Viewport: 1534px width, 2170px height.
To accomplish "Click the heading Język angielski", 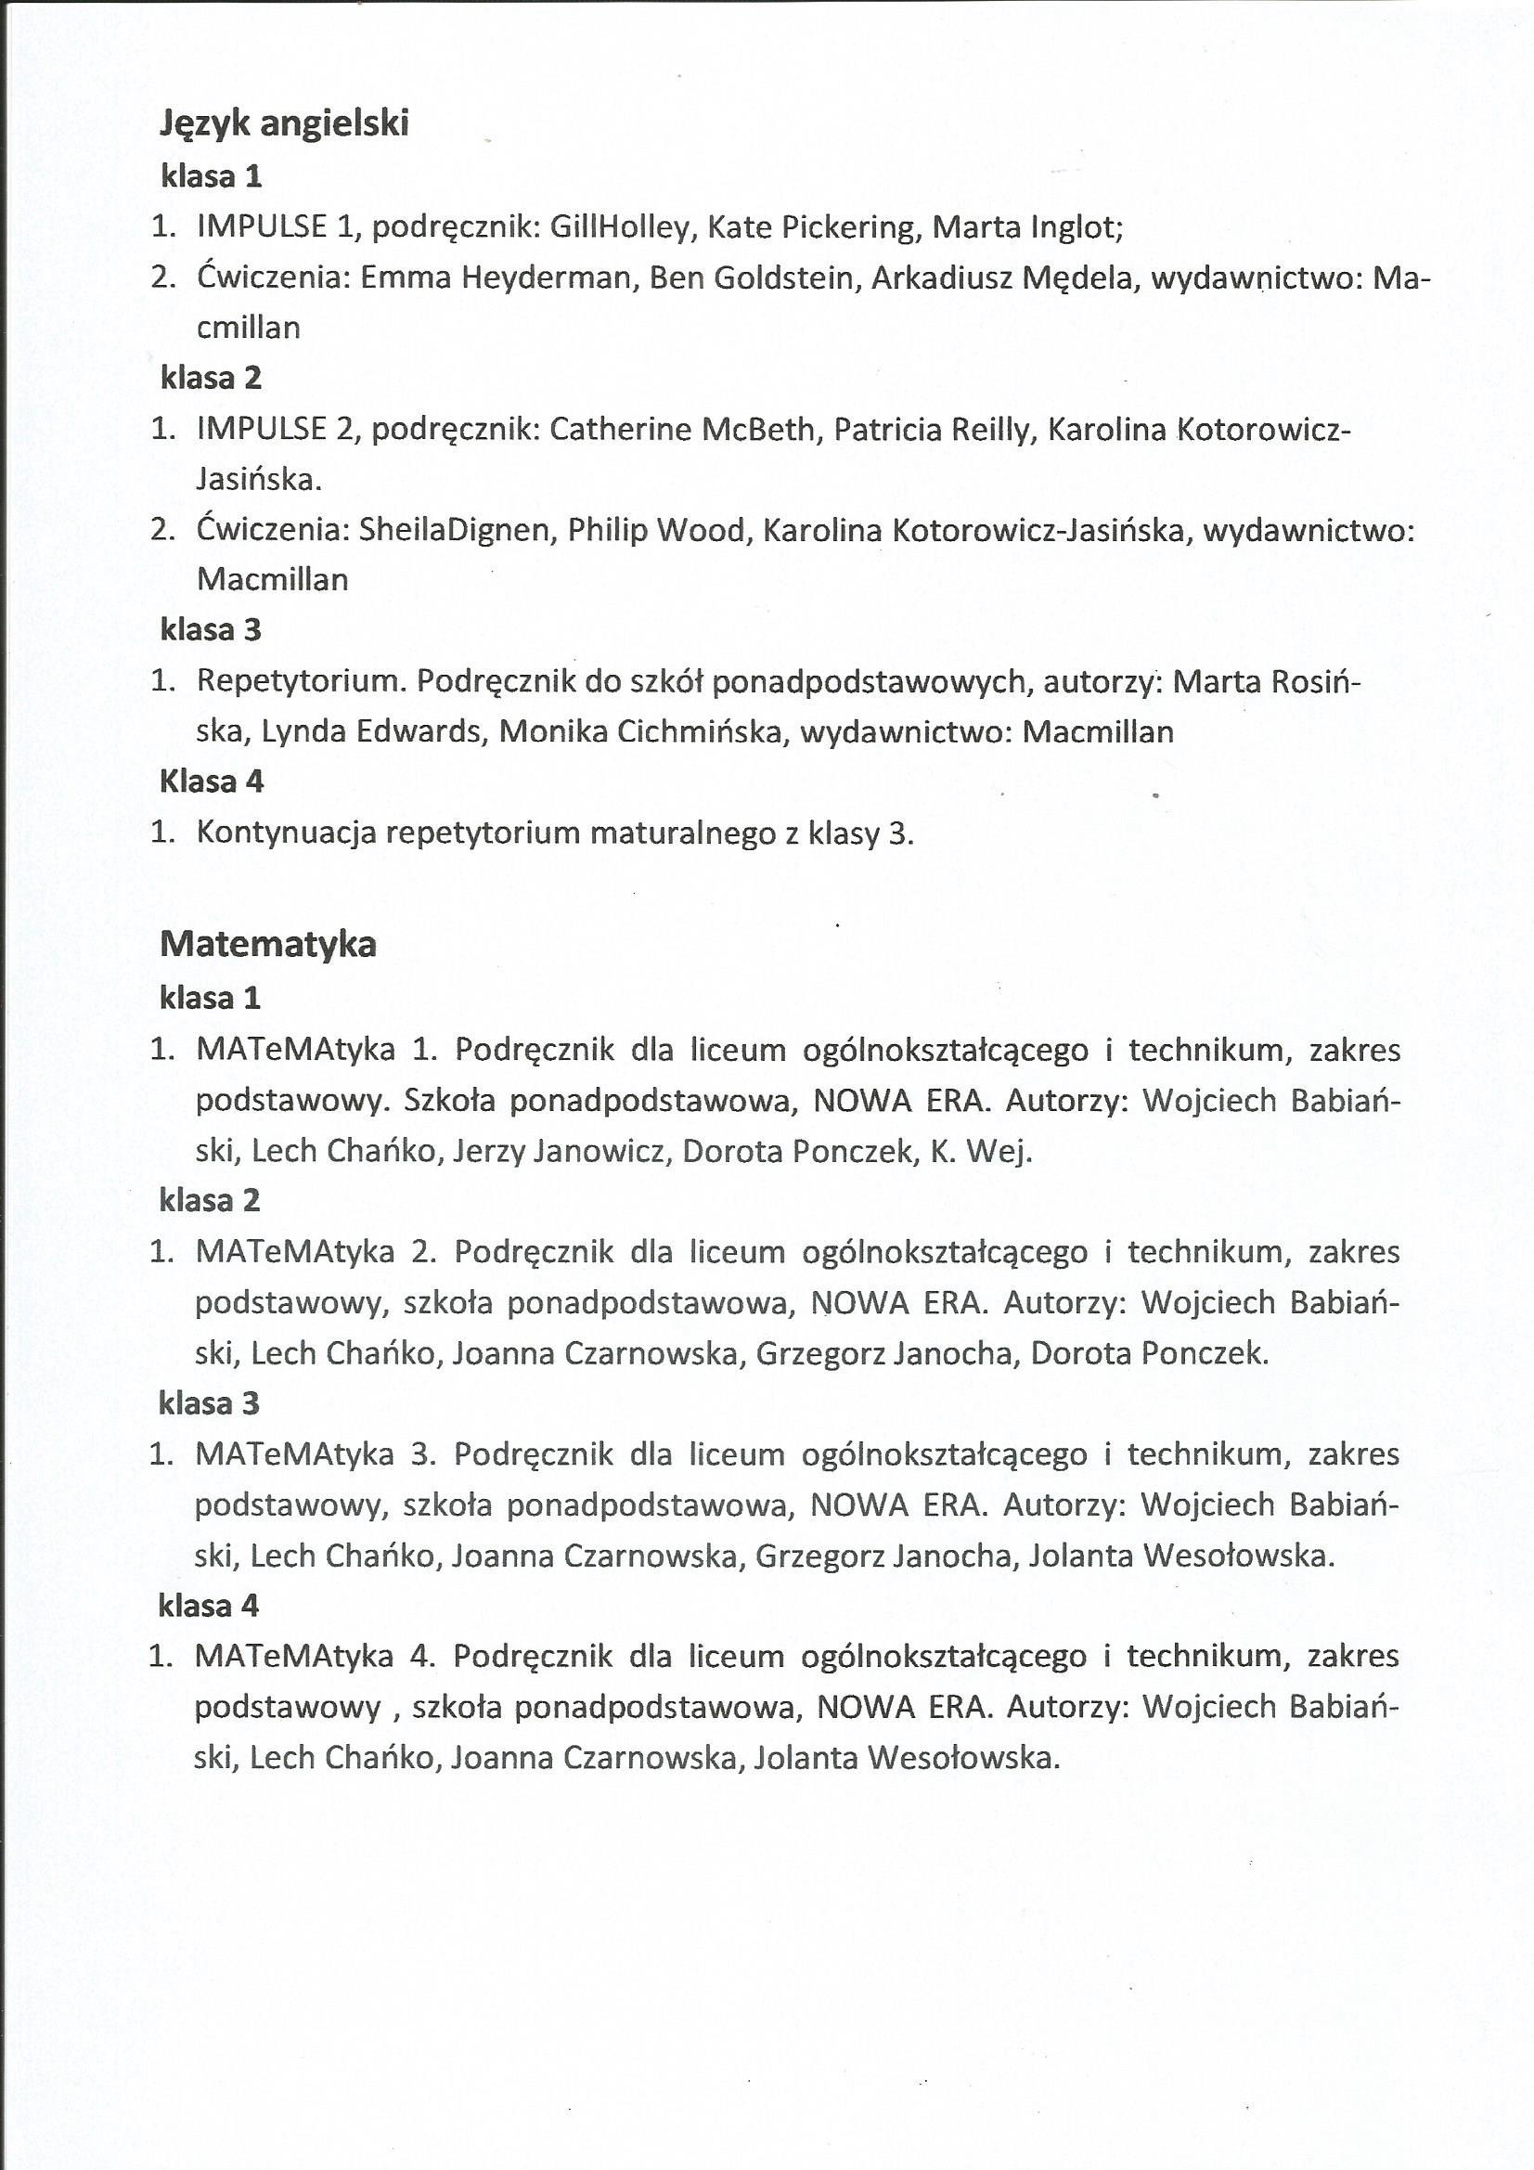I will (x=285, y=123).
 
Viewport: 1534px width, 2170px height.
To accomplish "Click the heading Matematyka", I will (x=268, y=943).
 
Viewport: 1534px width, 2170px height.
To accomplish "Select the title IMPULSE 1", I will (x=274, y=226).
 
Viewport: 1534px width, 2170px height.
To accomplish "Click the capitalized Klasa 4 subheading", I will (x=212, y=781).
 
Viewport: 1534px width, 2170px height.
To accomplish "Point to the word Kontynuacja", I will (x=288, y=833).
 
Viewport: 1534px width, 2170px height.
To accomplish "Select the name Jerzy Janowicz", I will (x=560, y=1151).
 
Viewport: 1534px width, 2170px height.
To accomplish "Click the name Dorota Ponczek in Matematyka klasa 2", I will (x=1147, y=1353).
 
